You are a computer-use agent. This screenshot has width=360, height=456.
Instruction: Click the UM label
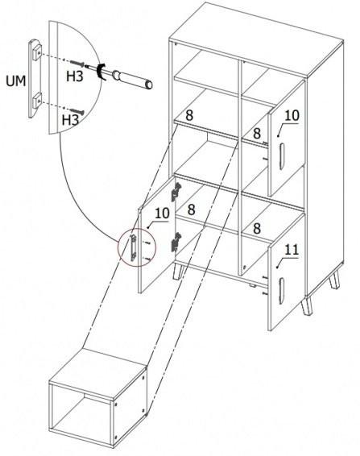15,81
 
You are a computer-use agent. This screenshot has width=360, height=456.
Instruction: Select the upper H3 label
75,77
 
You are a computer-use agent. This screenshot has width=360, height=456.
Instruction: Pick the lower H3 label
70,120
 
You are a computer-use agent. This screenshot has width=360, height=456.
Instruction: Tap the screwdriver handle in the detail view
133,80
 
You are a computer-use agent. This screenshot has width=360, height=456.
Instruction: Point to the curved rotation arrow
101,71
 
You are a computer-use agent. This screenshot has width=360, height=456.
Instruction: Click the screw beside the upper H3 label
77,63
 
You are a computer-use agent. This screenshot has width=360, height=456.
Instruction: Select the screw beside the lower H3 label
77,111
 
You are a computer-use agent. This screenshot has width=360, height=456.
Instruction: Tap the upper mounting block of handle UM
37,52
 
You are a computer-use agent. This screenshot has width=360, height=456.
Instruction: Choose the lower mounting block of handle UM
37,101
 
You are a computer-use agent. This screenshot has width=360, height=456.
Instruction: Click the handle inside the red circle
133,248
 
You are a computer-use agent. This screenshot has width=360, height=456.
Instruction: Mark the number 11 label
292,250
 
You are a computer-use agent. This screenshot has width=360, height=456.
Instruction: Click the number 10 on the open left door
162,213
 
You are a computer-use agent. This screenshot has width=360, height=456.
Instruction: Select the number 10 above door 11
292,116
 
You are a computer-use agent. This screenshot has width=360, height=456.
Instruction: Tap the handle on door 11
282,291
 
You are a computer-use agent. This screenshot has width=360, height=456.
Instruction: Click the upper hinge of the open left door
176,192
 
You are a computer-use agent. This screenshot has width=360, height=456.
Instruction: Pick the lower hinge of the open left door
176,242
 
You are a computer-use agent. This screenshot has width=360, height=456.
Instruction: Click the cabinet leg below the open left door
178,272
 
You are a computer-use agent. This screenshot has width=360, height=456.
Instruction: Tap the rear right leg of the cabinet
334,280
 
